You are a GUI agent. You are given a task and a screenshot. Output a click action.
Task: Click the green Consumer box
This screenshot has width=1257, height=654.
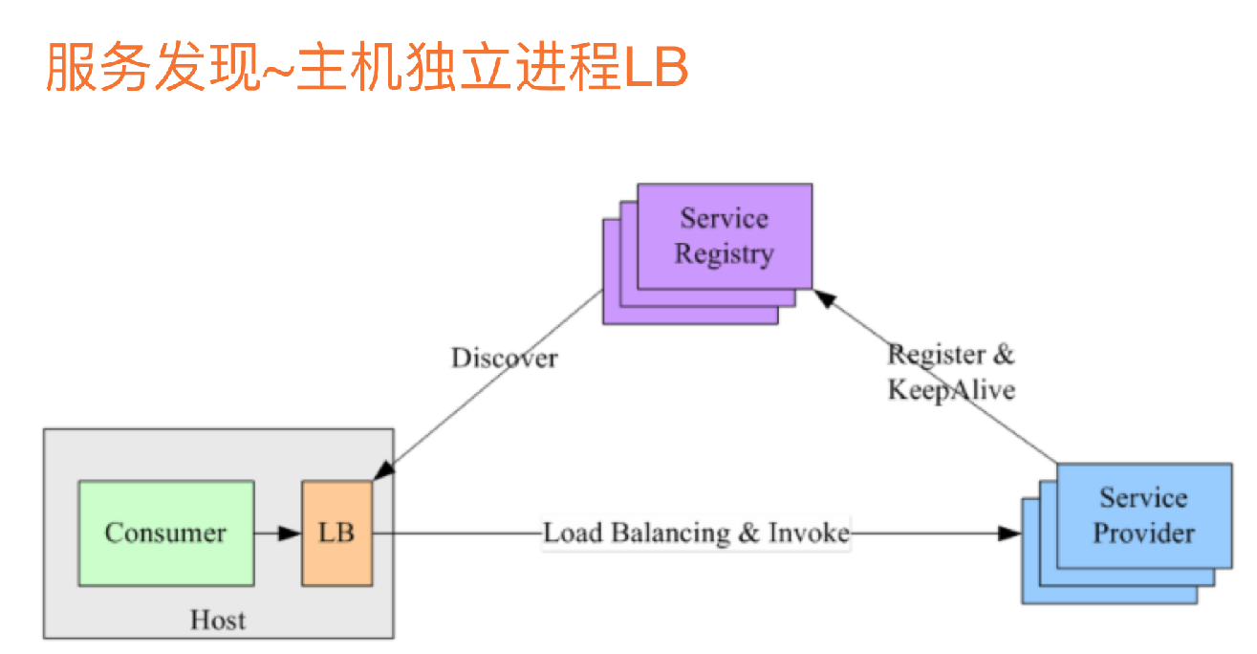coord(165,533)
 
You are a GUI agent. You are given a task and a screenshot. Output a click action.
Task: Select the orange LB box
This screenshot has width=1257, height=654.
coord(336,533)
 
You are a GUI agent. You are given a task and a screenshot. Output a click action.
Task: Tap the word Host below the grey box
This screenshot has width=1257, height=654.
coord(218,620)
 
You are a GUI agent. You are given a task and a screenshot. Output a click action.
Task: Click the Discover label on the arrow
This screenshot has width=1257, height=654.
coord(504,359)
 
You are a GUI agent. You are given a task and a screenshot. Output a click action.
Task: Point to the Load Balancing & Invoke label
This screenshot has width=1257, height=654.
coord(696,533)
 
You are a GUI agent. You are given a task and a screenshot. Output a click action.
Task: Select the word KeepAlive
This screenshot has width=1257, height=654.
coord(950,390)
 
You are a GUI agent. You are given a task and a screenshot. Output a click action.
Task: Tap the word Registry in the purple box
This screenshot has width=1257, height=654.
coord(724,254)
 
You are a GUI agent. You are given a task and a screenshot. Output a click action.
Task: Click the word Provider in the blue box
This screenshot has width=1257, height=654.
coord(1143,533)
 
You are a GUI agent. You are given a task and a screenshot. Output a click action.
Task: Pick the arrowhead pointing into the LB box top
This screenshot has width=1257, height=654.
coord(382,471)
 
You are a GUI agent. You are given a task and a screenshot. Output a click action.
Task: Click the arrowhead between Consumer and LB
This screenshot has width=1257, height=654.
coord(290,533)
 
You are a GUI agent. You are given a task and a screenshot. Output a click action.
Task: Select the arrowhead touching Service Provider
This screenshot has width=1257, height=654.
coord(1009,533)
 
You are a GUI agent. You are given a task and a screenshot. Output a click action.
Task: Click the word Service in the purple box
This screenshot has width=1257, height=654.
coord(724,219)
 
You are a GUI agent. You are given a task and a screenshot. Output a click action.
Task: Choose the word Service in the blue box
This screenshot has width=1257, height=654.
coord(1143,497)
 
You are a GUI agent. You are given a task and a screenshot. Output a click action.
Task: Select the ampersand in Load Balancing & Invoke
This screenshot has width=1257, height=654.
coord(748,533)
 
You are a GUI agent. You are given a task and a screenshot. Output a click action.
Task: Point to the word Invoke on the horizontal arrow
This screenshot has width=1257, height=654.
coord(808,533)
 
